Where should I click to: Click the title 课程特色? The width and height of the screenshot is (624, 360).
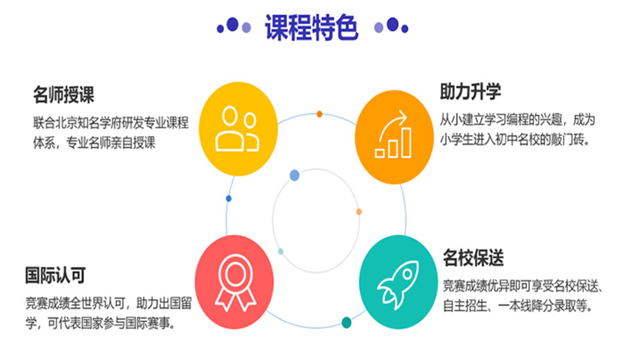311,27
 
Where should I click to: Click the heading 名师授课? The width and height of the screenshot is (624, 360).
64,95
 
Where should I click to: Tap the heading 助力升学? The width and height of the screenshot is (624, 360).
470,92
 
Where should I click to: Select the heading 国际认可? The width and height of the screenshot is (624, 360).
55,275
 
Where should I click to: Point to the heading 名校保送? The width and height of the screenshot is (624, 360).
474,257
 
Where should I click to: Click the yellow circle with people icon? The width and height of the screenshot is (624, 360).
238,128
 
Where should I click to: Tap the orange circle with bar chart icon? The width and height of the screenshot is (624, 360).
394,137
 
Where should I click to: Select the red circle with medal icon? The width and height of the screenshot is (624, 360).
234,282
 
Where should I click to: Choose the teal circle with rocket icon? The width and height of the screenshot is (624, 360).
399,282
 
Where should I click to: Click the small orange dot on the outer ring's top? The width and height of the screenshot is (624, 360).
319,114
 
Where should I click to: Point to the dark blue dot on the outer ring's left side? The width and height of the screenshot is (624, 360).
228,198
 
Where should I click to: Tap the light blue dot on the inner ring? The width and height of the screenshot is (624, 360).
295,175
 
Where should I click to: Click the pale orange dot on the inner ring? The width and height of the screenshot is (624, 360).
359,212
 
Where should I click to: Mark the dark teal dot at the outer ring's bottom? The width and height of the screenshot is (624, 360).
347,323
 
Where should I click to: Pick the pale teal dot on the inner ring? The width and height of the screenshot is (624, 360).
281,251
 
